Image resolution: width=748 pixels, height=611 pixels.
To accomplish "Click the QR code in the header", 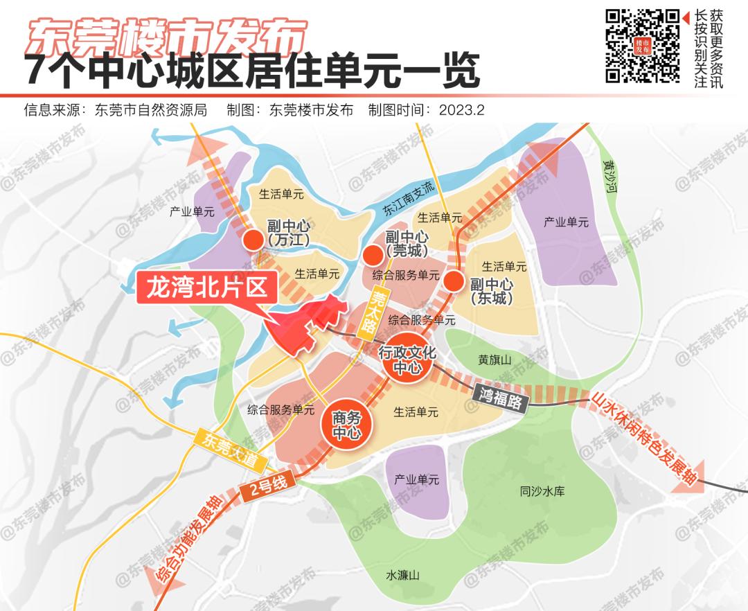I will pyautogui.click(x=642, y=46).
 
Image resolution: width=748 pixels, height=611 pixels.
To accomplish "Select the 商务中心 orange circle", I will pyautogui.click(x=346, y=425).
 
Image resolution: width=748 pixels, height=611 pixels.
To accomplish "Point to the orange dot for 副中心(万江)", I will pyautogui.click(x=253, y=240).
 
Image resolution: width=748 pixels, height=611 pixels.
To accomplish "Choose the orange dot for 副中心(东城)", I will pyautogui.click(x=454, y=281).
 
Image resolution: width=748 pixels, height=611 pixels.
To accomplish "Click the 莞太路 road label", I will pyautogui.click(x=377, y=309).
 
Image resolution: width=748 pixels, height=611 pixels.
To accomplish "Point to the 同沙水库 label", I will pyautogui.click(x=542, y=491).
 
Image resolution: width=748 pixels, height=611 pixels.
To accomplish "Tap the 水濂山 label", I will pyautogui.click(x=403, y=575).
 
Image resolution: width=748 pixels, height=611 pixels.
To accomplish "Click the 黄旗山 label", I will pyautogui.click(x=495, y=360).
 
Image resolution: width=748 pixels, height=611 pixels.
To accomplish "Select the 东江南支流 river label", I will pyautogui.click(x=408, y=199).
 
